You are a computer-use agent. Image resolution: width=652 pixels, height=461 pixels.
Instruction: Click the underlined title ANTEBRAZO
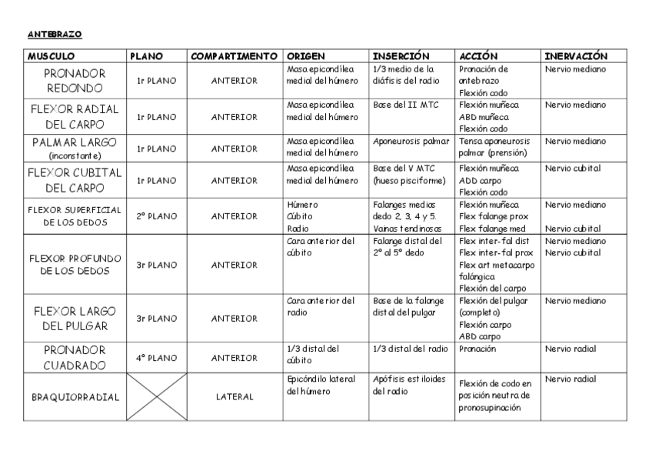click(x=54, y=35)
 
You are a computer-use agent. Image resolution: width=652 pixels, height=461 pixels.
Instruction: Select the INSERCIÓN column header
click(x=401, y=56)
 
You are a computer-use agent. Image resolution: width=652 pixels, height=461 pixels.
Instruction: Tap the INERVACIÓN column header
click(x=576, y=56)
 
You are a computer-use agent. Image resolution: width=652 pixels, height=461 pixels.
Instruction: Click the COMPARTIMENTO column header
click(x=234, y=56)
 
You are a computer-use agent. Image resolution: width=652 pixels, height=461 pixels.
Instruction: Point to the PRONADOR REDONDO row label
click(x=75, y=80)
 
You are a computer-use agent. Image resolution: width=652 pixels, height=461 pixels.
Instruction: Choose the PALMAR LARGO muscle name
click(x=75, y=142)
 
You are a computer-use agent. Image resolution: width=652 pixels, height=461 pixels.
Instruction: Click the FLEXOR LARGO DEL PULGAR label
click(x=75, y=319)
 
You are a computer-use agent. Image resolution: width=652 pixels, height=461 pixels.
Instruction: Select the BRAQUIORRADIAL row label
click(x=75, y=397)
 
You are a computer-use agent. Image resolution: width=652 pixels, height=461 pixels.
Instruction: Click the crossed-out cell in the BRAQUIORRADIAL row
click(x=157, y=397)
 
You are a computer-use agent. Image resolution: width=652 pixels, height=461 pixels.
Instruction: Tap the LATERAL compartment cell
click(x=235, y=397)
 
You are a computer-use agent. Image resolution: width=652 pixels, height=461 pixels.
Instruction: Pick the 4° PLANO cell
click(x=157, y=358)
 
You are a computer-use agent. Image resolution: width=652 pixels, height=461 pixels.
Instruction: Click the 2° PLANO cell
click(x=157, y=217)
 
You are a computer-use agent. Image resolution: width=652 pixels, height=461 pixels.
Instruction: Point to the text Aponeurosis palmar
click(x=411, y=142)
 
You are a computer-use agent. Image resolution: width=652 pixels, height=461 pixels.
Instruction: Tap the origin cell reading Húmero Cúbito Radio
click(x=302, y=217)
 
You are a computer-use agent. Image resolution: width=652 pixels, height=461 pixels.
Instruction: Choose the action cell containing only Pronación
click(x=477, y=349)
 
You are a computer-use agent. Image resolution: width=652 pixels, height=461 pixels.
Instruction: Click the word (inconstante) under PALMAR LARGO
click(x=75, y=155)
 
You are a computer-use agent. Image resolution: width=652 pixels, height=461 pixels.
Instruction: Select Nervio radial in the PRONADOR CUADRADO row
click(x=570, y=349)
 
